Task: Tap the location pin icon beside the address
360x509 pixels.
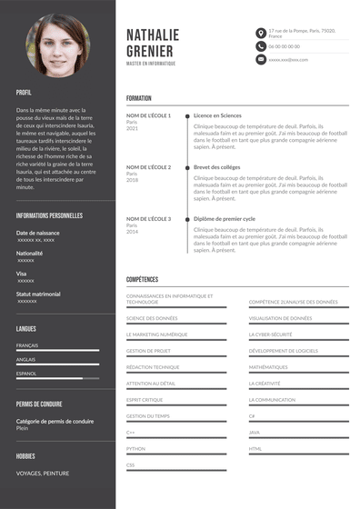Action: [x=261, y=33]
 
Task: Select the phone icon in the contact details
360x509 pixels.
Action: [x=261, y=45]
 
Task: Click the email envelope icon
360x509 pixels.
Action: [x=261, y=59]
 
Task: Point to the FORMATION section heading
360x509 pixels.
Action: [x=139, y=98]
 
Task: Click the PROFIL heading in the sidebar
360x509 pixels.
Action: [x=24, y=93]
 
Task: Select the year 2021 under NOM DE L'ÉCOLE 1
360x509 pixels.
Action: [x=132, y=128]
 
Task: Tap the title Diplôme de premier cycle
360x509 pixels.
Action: [x=224, y=219]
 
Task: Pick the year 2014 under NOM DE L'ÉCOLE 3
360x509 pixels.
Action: [x=132, y=232]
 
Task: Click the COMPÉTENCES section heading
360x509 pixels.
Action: [x=142, y=279]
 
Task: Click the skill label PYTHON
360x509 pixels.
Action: [x=135, y=448]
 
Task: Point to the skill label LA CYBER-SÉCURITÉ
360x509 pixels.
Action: [x=270, y=334]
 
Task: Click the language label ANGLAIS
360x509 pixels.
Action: [x=26, y=359]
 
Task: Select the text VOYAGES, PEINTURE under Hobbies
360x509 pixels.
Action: [x=43, y=473]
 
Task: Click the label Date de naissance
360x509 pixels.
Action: [x=38, y=234]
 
